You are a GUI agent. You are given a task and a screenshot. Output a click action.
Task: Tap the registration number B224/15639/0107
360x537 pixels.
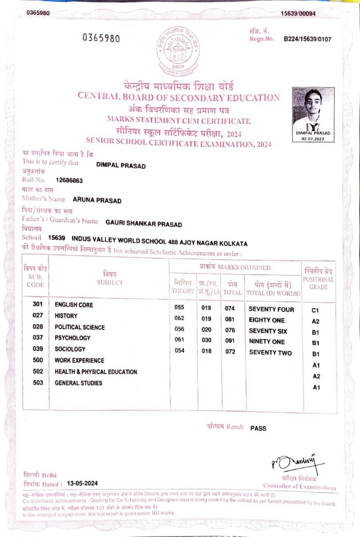307,39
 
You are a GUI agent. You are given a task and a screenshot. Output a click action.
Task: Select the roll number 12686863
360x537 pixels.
69,181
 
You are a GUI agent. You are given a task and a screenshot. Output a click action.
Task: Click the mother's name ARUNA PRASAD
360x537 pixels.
97,201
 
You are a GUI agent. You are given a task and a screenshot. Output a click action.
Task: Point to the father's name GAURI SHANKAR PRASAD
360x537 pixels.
144,223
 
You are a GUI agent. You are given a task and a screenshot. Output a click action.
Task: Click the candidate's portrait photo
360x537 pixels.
313,109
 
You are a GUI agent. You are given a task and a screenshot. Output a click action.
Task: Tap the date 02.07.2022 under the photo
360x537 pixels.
314,139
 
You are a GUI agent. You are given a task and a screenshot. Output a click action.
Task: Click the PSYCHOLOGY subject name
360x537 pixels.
73,338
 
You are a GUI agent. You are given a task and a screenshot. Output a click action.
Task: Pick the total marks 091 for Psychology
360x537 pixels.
230,341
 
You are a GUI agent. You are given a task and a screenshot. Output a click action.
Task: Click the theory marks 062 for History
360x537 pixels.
180,318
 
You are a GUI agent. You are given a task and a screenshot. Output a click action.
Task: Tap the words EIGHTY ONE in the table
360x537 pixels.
266,320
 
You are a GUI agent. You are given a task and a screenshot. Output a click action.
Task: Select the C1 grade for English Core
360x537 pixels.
316,310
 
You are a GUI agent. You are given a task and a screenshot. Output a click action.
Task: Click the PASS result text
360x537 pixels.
258,428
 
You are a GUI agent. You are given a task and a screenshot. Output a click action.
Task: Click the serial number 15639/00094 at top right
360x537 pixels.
298,13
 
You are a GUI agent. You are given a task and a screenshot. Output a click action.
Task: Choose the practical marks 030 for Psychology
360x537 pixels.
206,340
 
